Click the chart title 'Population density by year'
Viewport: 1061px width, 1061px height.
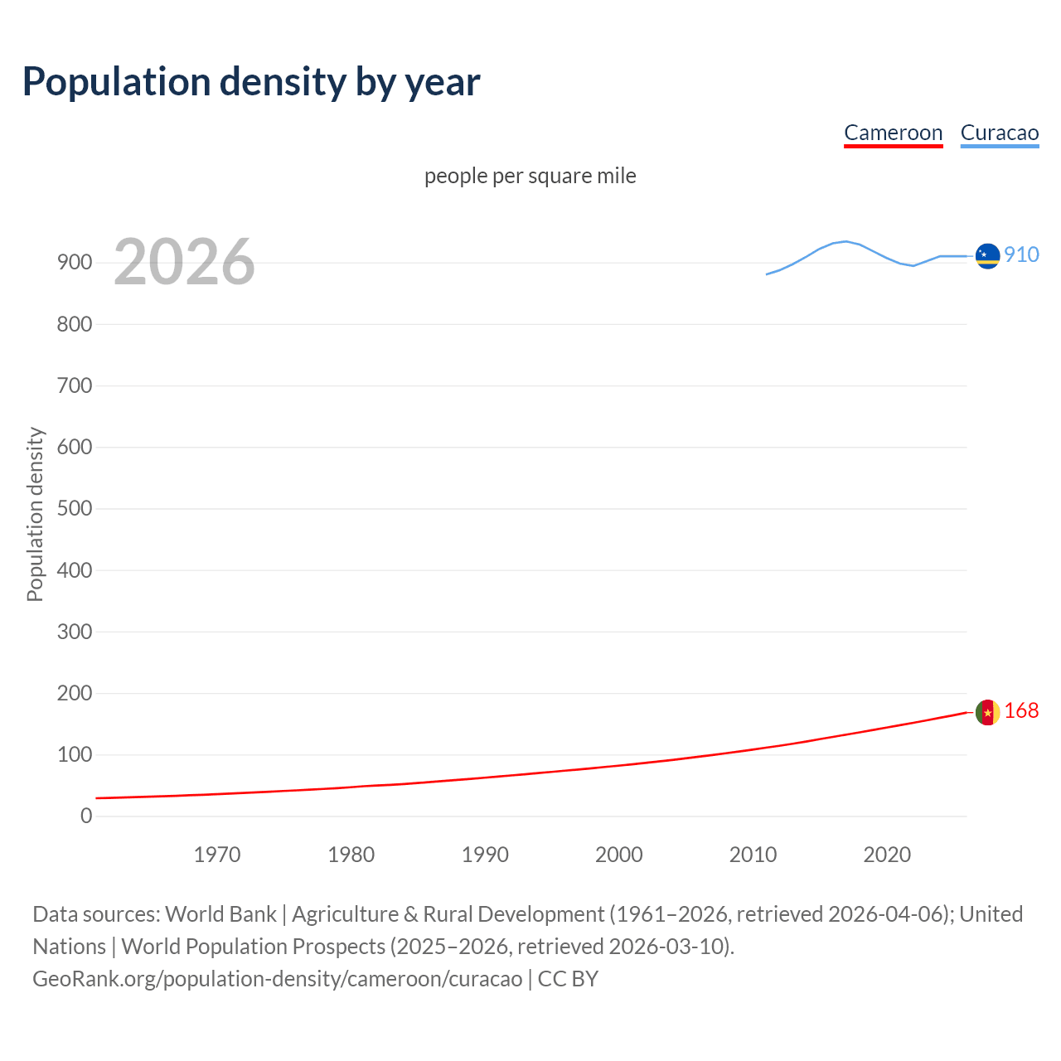251,82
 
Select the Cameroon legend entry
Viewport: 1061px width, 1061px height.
893,133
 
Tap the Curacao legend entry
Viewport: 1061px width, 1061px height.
999,133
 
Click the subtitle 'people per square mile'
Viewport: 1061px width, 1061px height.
530,176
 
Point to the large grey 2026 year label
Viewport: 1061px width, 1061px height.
184,262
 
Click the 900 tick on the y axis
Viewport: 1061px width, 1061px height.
75,263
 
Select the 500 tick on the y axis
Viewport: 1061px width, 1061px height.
75,508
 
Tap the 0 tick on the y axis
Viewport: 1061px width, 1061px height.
86,816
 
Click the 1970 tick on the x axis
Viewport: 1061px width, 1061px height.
217,855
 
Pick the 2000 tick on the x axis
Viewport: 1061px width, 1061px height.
619,855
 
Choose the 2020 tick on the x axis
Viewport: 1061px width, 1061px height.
887,855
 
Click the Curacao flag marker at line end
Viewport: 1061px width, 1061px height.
987,256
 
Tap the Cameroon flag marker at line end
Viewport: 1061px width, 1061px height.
987,712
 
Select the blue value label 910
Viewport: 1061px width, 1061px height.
1021,254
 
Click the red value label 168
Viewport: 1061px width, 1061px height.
1021,710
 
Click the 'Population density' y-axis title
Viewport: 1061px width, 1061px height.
35,514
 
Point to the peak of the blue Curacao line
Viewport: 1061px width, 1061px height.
845,241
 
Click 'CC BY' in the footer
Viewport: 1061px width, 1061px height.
568,979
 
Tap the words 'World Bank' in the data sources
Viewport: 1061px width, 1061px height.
220,914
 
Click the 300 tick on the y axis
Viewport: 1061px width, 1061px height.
75,632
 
